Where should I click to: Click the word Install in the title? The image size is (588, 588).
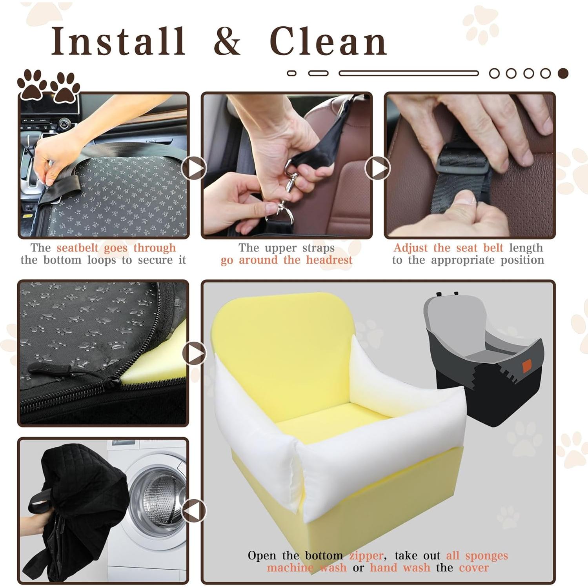(x=118, y=41)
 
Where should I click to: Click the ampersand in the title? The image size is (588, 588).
(x=227, y=41)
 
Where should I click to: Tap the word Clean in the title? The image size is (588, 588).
(x=328, y=41)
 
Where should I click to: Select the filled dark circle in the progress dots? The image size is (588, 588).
(x=563, y=73)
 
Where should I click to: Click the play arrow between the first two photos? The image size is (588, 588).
(x=195, y=168)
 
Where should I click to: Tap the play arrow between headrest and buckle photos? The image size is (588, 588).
(x=377, y=168)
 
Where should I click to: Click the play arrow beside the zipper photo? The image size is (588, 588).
(x=195, y=353)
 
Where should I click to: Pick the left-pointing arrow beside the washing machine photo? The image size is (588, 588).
(x=194, y=511)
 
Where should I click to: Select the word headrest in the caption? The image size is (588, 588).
(x=329, y=260)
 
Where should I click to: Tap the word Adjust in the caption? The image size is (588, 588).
(x=411, y=248)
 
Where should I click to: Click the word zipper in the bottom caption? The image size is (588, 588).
(x=366, y=555)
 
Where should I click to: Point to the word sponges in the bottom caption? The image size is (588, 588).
(x=486, y=555)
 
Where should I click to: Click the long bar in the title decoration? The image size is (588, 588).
(x=409, y=73)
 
